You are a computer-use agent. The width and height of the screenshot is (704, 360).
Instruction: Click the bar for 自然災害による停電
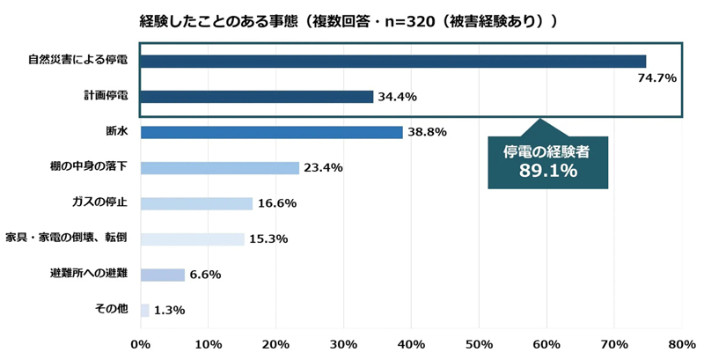[x=392, y=62]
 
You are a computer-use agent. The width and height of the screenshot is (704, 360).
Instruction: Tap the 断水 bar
[x=271, y=132]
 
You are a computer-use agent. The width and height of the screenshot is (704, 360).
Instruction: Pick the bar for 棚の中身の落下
[x=220, y=168]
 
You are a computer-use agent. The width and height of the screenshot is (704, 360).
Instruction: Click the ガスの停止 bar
[x=196, y=203]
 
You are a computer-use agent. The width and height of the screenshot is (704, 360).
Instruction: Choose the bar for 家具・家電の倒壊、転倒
[x=192, y=239]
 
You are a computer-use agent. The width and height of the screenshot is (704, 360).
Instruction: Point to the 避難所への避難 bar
[x=163, y=275]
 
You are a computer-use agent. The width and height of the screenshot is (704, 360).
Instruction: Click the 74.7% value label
[x=656, y=78]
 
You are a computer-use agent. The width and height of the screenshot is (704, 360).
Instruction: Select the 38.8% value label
[x=428, y=132]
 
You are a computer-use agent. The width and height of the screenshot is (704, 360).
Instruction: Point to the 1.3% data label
[x=169, y=310]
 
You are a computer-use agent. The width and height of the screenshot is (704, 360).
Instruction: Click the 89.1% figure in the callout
[x=547, y=171]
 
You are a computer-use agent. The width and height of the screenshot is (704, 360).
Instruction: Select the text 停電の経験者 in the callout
[x=546, y=151]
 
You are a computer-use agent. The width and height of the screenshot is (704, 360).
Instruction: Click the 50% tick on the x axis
[x=479, y=344]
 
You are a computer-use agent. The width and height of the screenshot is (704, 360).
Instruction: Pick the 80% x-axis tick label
[x=682, y=344]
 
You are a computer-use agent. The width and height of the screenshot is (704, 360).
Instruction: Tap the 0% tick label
[x=141, y=344]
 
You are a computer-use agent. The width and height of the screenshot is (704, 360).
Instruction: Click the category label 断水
[x=117, y=132]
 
